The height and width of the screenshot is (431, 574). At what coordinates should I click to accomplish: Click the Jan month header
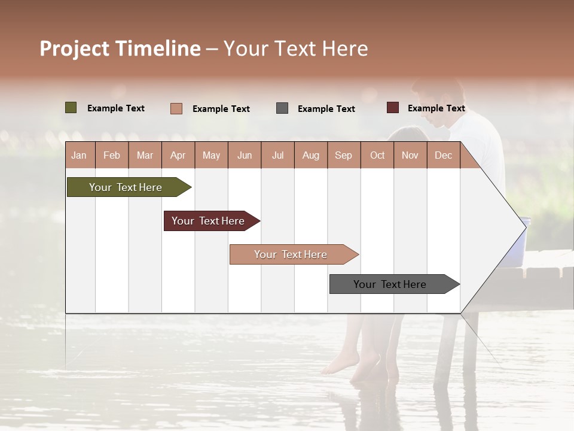click(79, 155)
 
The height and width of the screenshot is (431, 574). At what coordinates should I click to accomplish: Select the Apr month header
click(178, 155)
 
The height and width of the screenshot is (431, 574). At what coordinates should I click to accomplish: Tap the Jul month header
click(277, 155)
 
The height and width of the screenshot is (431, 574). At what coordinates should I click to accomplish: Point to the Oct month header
click(377, 155)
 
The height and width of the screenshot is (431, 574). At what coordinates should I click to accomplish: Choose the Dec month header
click(443, 155)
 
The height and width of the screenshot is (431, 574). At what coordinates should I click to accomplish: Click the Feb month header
click(112, 155)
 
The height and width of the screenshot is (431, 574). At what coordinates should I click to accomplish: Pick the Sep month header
click(343, 155)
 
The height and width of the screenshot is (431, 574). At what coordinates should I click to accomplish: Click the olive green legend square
click(71, 108)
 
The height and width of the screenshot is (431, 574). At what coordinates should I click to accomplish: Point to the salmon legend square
click(176, 108)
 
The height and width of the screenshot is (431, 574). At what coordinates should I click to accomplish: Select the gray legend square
click(282, 108)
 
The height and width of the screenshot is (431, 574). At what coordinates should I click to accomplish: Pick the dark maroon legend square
click(392, 108)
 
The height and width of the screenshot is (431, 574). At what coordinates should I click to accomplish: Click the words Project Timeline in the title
click(120, 48)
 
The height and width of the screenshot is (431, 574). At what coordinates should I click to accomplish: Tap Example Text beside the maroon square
click(436, 108)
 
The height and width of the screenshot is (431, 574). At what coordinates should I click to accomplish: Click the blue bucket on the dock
click(524, 233)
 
